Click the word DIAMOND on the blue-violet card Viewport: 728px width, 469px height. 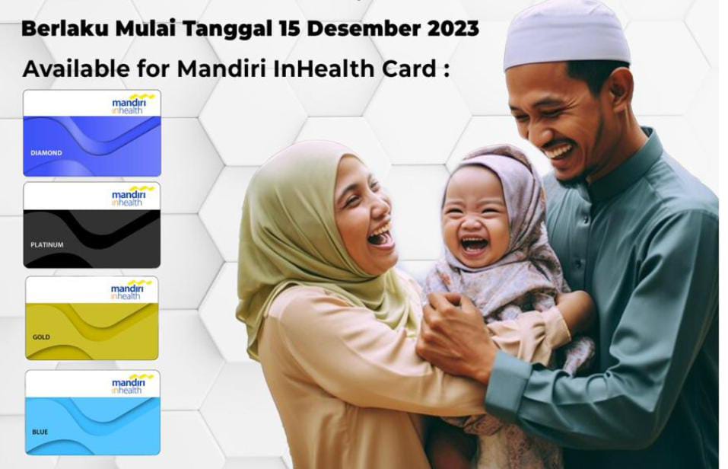click(x=46, y=153)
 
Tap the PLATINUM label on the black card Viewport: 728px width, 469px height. click(x=47, y=244)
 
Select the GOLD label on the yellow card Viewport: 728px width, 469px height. click(x=41, y=337)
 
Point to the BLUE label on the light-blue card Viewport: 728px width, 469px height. click(x=40, y=432)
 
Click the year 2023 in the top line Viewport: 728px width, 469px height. click(x=453, y=28)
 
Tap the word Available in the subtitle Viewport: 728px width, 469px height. click(x=76, y=69)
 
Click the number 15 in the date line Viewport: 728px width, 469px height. click(x=290, y=28)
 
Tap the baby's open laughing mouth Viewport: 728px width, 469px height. click(x=474, y=244)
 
